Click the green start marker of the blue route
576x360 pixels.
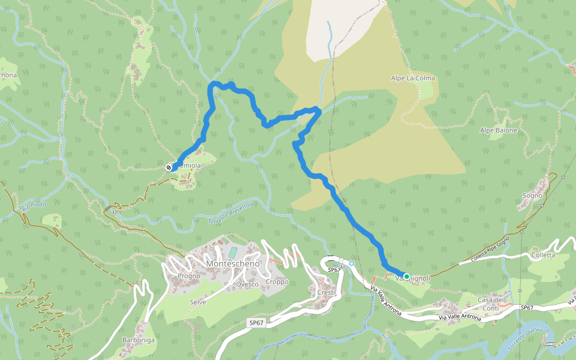pyautogui.click(x=406, y=277)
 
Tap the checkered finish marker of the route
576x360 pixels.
pyautogui.click(x=169, y=167)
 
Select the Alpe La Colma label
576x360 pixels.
pyautogui.click(x=413, y=79)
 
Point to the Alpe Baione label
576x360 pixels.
pyautogui.click(x=499, y=130)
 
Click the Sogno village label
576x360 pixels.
pyautogui.click(x=532, y=196)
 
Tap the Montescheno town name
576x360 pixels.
pyautogui.click(x=232, y=264)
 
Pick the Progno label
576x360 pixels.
pyautogui.click(x=189, y=276)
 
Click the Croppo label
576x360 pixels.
pyautogui.click(x=277, y=281)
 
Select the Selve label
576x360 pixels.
pyautogui.click(x=198, y=302)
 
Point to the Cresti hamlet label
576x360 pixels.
pyautogui.click(x=326, y=292)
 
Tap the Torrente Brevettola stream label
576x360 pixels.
pyautogui.click(x=231, y=212)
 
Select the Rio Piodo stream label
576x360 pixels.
pyautogui.click(x=34, y=205)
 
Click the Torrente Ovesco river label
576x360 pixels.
pyautogui.click(x=524, y=339)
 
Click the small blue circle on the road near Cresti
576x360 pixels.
pyautogui.click(x=352, y=263)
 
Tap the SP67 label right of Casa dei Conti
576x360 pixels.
pyautogui.click(x=527, y=307)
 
